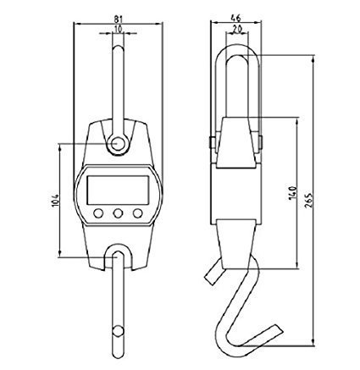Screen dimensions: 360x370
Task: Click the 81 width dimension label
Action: click(119, 19)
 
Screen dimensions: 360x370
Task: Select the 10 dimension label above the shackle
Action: click(119, 29)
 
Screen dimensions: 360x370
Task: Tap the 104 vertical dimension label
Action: click(55, 201)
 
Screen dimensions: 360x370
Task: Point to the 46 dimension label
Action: click(235, 19)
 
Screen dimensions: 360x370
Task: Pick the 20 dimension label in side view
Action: click(236, 29)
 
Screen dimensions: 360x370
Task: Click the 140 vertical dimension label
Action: click(293, 192)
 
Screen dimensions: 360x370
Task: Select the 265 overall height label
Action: click(309, 201)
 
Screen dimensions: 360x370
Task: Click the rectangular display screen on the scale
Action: click(118, 190)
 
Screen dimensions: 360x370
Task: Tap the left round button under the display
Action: click(98, 213)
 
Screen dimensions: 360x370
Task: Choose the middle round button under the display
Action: click(118, 213)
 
